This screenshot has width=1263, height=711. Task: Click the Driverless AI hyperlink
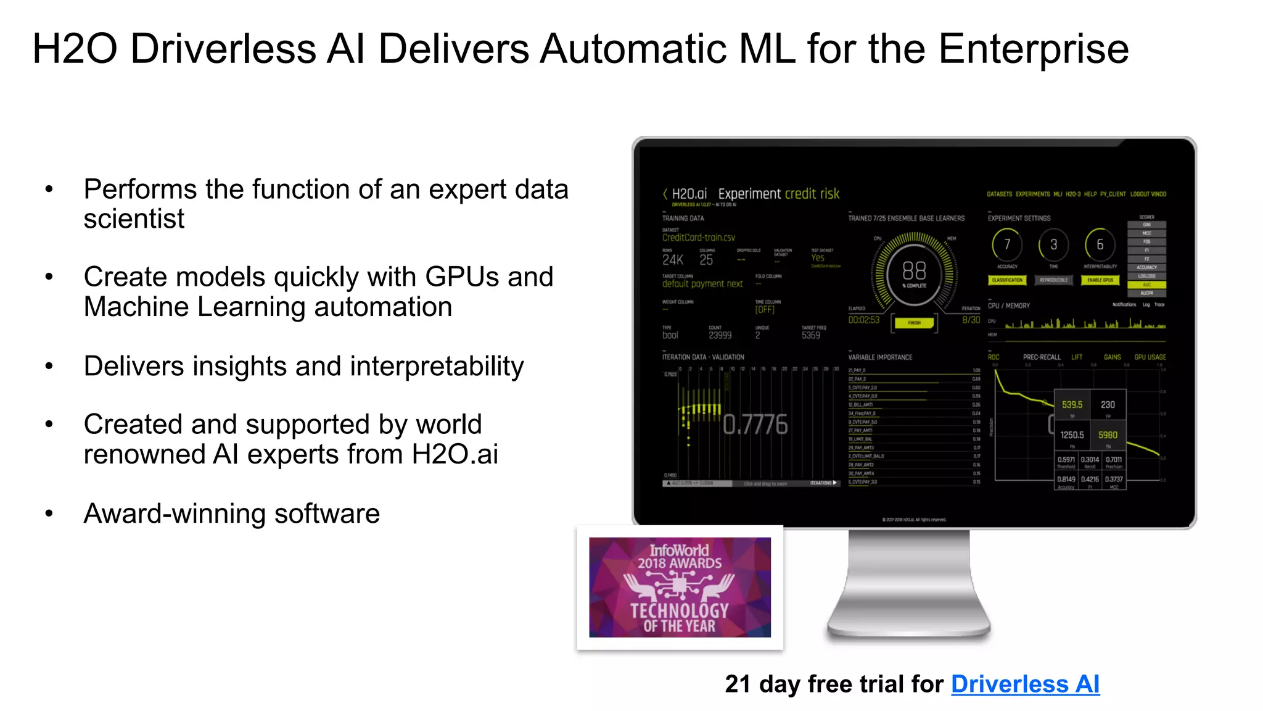(1025, 684)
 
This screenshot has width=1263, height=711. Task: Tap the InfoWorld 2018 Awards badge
(680, 587)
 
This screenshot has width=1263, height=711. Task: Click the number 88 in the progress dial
(914, 270)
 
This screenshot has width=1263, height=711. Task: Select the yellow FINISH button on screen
(914, 323)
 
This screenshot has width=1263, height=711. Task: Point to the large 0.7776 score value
(755, 425)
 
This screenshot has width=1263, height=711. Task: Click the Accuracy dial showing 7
(1007, 245)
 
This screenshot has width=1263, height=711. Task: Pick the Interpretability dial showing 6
(1100, 245)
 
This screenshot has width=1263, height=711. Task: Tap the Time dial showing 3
(1053, 245)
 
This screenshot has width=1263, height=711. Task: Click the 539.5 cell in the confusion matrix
(1072, 405)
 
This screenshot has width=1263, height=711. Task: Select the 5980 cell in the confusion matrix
(1108, 435)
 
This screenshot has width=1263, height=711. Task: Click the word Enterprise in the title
(1034, 49)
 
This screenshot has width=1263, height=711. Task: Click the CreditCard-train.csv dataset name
(698, 238)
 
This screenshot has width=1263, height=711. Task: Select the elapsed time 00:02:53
(863, 320)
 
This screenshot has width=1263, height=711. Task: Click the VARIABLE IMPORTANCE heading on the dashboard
(880, 357)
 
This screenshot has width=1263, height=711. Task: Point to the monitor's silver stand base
(908, 626)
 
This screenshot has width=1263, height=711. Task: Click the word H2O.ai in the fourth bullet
(455, 455)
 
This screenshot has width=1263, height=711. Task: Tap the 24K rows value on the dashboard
(672, 260)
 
